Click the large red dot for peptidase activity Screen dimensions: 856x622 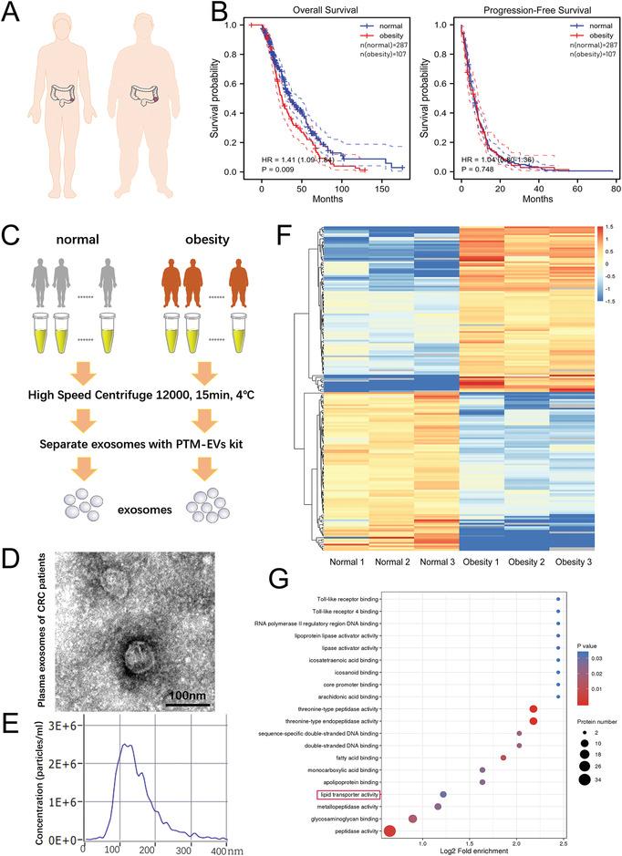coord(389,830)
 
